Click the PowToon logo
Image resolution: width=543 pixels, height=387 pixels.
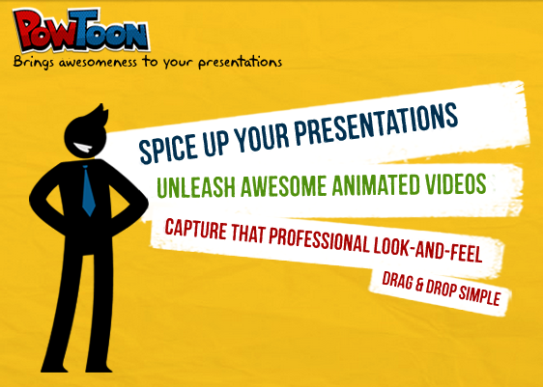coord(81,30)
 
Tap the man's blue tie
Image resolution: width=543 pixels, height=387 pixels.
coord(88,190)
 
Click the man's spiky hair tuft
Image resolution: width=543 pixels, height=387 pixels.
coord(100,115)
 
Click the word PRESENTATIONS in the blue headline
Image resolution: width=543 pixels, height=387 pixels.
coord(376,123)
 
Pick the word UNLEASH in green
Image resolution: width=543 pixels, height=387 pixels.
coord(196,187)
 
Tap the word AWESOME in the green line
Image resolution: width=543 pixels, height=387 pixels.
coord(284,185)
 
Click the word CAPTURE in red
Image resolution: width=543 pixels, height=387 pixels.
coord(196,229)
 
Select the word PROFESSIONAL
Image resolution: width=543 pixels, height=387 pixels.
coord(319,240)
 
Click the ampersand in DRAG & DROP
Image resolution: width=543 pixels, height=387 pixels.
coord(419,285)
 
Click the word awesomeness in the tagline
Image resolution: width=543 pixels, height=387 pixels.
coord(98,63)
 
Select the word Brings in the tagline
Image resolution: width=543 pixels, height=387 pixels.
coord(33,62)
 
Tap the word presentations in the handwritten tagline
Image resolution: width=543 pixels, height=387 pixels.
coord(241,63)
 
